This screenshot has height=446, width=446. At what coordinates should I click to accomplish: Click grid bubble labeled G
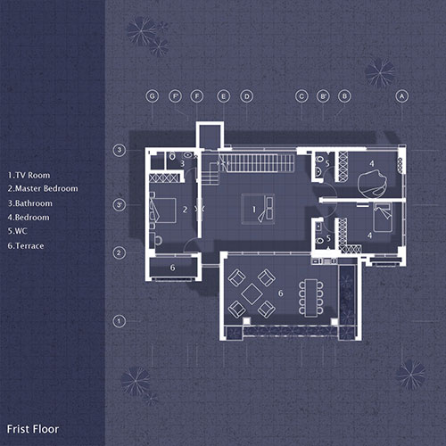(x=153, y=95)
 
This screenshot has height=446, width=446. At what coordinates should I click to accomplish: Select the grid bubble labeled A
(x=401, y=95)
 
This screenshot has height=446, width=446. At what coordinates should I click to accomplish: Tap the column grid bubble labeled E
(x=223, y=95)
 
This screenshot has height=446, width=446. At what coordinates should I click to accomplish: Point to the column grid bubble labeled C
(x=301, y=95)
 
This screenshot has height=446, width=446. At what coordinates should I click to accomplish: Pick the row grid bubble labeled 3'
(x=120, y=206)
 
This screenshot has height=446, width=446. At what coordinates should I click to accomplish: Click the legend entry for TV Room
(x=29, y=175)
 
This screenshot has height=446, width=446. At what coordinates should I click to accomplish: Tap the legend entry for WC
(x=18, y=231)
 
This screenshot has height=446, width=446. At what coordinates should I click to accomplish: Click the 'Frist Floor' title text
(x=32, y=429)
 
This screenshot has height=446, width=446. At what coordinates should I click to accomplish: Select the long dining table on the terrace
(x=310, y=295)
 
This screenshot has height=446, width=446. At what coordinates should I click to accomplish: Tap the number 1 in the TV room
(x=255, y=211)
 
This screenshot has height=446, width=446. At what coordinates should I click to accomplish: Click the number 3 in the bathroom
(x=182, y=163)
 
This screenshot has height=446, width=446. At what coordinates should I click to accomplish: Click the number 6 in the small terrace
(x=172, y=267)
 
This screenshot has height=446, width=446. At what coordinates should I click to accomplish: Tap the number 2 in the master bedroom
(x=184, y=210)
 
